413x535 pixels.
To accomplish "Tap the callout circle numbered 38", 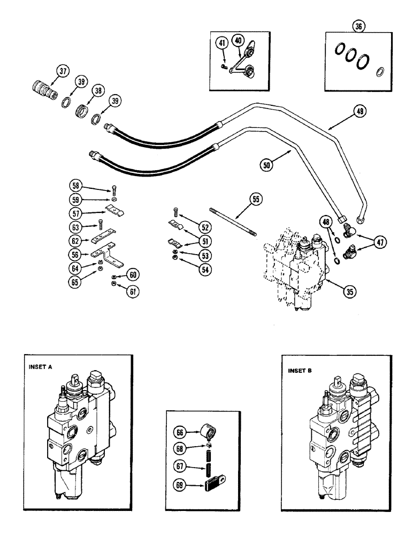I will (97, 91).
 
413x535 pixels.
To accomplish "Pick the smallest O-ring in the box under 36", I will (380, 71).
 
